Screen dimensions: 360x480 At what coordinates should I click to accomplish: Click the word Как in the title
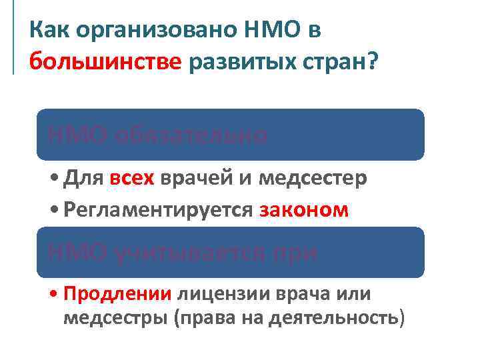click(50, 29)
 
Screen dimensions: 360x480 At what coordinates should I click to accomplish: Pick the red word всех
click(131, 179)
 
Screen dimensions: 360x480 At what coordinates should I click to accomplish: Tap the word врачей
click(194, 179)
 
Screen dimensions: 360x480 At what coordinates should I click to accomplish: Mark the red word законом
click(305, 209)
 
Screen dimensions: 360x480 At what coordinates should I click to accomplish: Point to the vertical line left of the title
click(13, 40)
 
